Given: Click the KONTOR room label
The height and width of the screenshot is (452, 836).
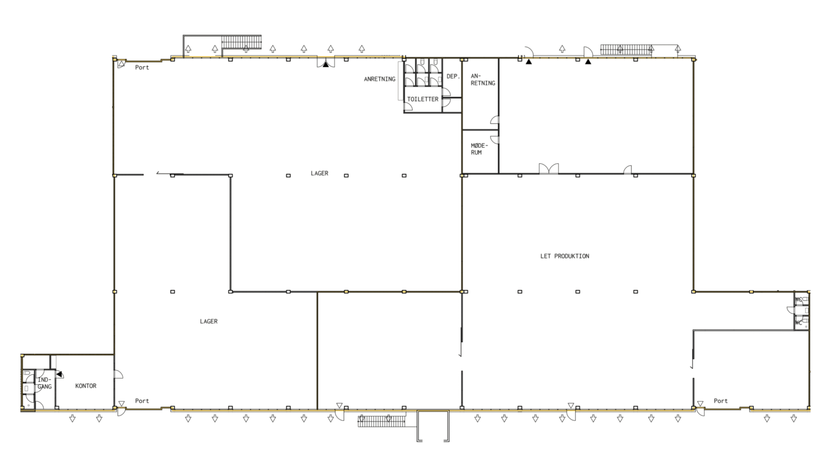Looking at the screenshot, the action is (86, 386).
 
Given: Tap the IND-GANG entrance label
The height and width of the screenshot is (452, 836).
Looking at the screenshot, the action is (44, 383).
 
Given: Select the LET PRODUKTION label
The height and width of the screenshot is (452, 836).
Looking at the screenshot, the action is (565, 256).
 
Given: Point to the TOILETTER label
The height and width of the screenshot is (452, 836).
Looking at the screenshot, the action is (422, 99).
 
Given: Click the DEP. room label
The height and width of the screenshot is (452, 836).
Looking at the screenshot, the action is (453, 76).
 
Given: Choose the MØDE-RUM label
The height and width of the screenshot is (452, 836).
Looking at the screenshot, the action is (479, 149).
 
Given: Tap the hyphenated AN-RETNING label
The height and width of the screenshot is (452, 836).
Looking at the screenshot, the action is (483, 80).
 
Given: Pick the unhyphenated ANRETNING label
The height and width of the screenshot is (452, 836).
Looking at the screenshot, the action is (380, 79).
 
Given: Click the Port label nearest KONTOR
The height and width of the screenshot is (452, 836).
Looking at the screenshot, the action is (142, 401).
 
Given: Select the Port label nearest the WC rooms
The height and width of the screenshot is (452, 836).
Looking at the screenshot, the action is (720, 401).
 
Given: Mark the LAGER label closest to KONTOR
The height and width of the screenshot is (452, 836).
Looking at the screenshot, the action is (209, 322).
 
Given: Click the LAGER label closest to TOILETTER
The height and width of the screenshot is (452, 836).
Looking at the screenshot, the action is (319, 173).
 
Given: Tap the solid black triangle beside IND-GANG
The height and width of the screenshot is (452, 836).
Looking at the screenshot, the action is (59, 374).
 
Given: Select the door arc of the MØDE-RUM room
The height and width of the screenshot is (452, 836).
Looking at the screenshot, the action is (494, 140).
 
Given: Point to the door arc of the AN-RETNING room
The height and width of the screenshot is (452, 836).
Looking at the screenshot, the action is (494, 120).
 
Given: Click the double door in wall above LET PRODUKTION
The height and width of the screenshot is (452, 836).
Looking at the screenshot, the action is (549, 168).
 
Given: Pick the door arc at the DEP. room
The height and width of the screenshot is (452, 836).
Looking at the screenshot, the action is (447, 92).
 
